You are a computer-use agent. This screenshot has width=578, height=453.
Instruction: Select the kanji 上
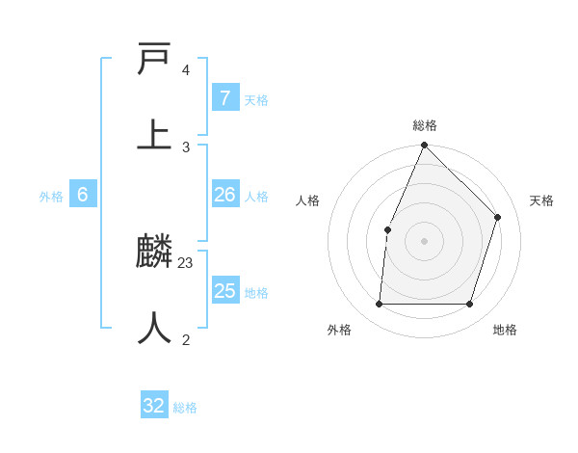pos(154,133)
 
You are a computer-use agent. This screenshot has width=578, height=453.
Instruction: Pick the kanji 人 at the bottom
pos(154,328)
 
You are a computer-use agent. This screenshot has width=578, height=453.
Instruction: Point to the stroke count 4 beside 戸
pos(186,70)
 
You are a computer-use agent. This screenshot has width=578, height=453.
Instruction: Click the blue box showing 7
pos(224,98)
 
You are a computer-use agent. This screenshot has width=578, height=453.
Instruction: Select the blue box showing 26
pos(224,195)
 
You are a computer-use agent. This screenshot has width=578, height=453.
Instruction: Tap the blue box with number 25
pos(224,291)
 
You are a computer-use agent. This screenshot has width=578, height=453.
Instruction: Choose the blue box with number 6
pos(82,195)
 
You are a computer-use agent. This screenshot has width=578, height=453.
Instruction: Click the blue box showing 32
pos(154,406)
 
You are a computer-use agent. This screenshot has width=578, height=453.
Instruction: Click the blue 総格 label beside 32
pos(185,408)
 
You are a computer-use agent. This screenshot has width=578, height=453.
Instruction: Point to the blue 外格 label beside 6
pos(51,197)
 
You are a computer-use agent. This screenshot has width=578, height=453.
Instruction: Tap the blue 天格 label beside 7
pos(256,100)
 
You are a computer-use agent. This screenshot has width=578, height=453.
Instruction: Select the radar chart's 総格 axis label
pos(425,125)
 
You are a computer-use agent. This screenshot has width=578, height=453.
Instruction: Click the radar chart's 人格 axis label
pos(307,200)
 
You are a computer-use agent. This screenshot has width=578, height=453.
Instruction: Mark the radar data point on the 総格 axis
pos(424,145)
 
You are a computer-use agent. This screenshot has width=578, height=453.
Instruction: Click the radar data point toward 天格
pos(498,217)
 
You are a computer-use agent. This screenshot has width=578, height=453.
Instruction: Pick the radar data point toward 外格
pos(379,304)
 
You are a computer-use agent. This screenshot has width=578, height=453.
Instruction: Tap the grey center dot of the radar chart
pos(424,241)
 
